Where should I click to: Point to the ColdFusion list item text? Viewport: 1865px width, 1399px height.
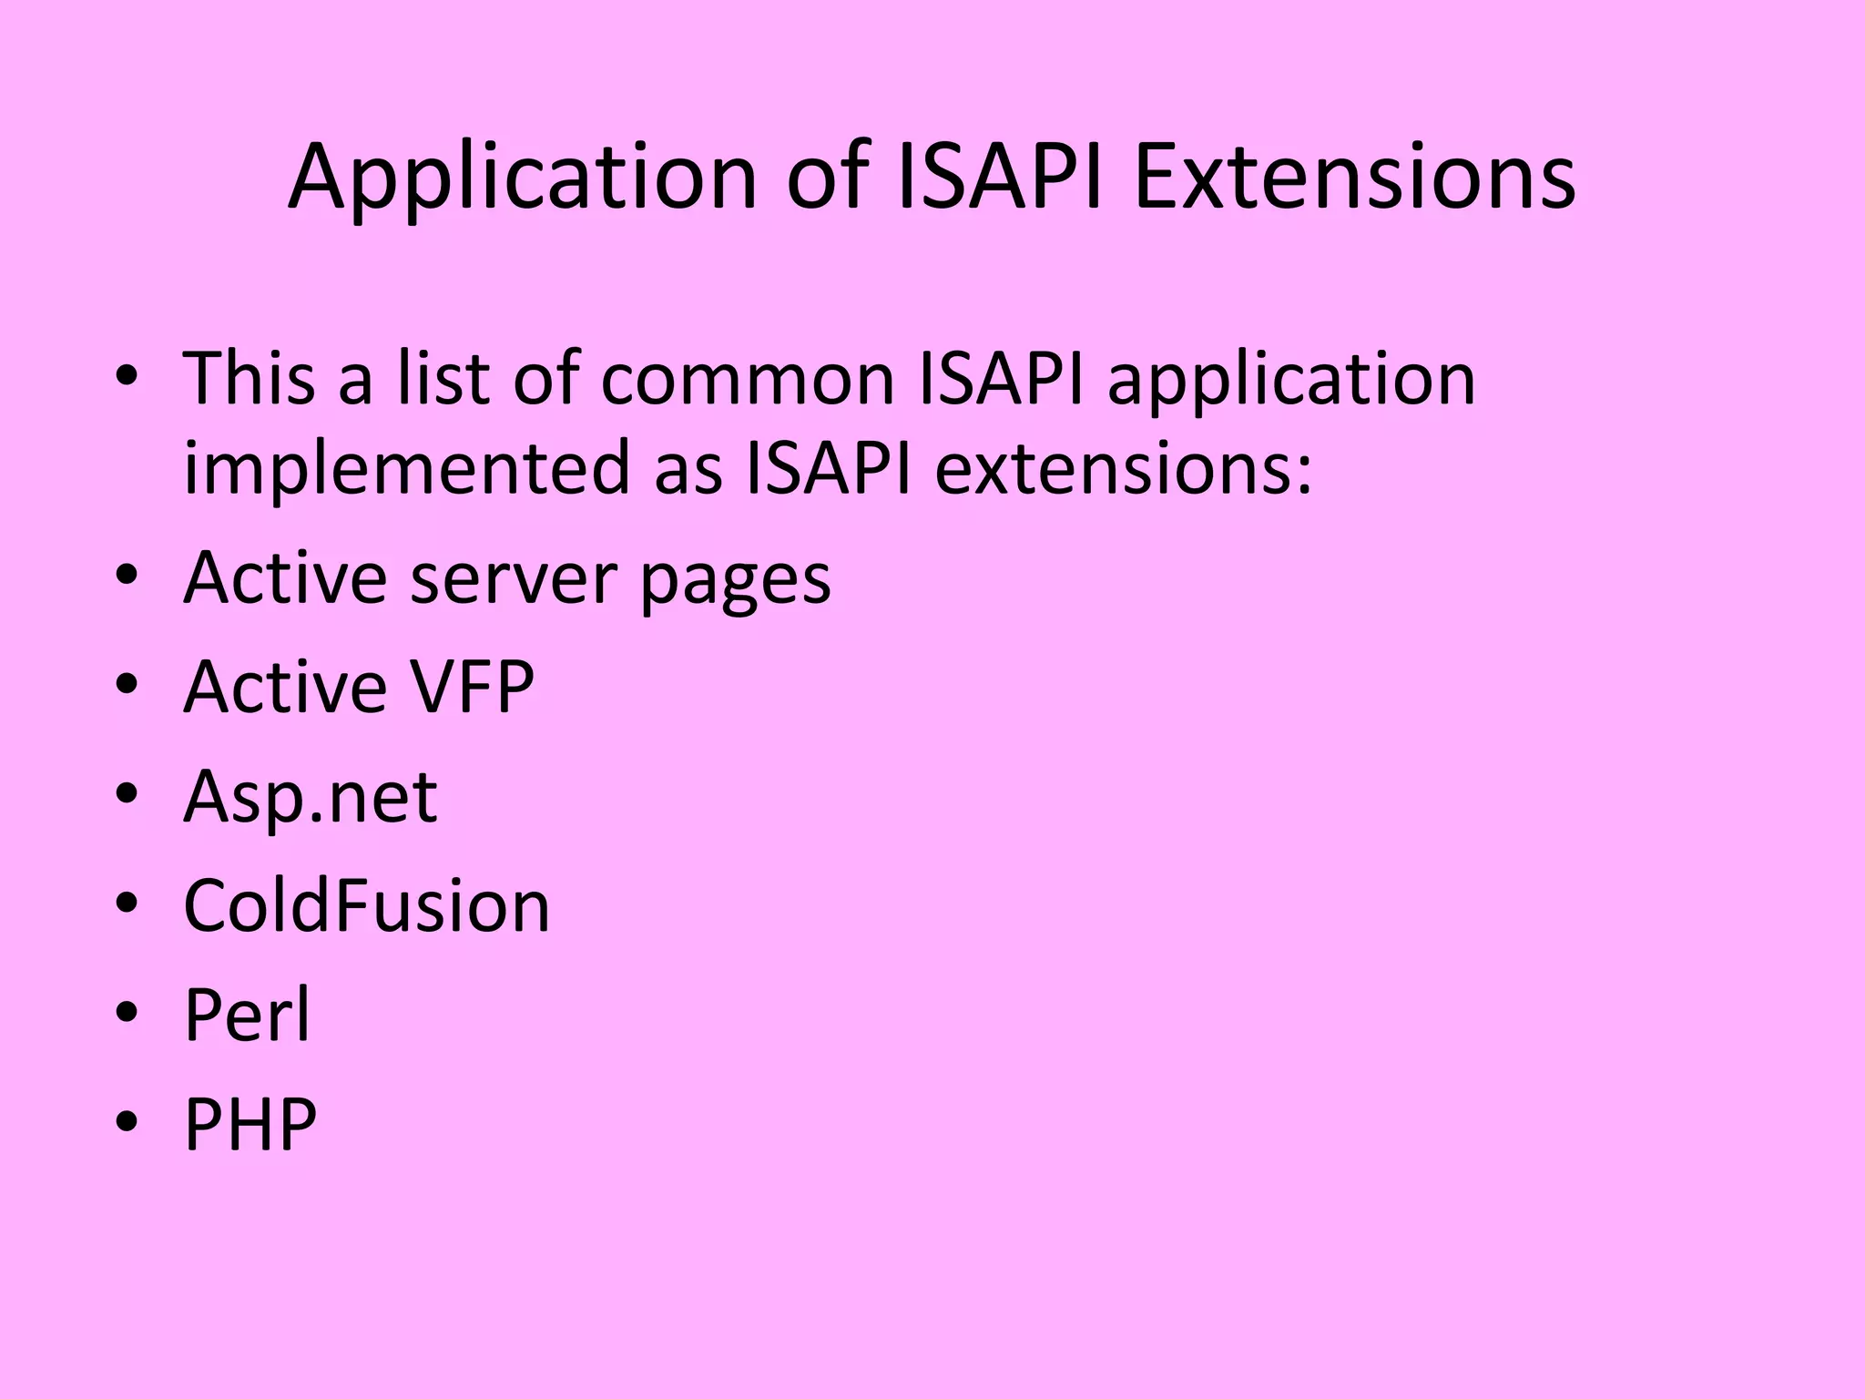[x=367, y=905]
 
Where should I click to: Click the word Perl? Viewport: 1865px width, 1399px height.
[x=248, y=1015]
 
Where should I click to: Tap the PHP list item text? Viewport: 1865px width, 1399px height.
[x=250, y=1124]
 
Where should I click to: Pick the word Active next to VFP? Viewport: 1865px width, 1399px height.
[x=285, y=687]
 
